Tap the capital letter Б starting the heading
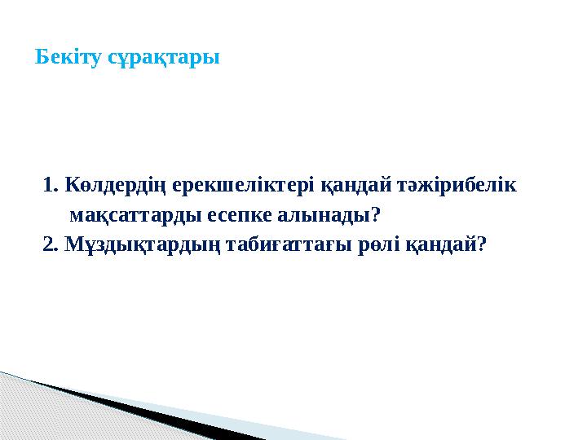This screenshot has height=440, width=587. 42,59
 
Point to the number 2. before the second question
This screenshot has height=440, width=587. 50,243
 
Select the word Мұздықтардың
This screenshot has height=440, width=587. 141,244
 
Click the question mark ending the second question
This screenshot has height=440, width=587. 482,243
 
